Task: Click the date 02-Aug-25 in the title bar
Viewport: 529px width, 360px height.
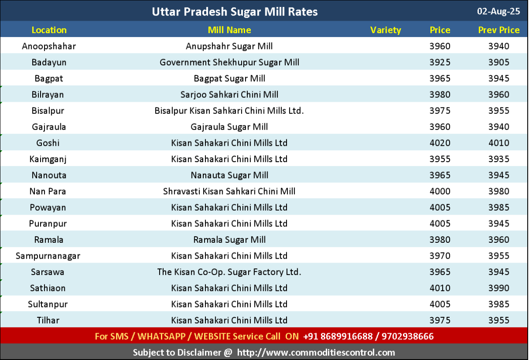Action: coord(499,11)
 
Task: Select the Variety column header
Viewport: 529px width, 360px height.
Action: coord(386,30)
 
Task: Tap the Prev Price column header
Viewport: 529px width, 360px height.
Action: coord(499,30)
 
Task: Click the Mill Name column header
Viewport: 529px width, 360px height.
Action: coord(229,30)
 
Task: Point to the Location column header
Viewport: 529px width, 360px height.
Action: coord(49,30)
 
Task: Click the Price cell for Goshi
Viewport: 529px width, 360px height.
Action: coord(440,143)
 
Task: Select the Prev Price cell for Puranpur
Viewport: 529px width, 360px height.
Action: coord(499,223)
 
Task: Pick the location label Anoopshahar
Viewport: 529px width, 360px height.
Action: coord(49,46)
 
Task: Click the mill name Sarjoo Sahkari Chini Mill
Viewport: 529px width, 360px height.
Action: coord(229,94)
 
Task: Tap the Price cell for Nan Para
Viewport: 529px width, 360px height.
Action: coord(440,191)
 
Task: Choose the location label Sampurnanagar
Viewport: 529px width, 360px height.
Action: coord(48,256)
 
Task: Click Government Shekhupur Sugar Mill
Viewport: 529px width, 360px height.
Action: coord(229,62)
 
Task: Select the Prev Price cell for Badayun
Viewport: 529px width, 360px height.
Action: coord(499,62)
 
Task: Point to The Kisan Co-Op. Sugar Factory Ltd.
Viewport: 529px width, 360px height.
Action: coord(229,272)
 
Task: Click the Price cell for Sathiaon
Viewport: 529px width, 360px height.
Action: coord(440,288)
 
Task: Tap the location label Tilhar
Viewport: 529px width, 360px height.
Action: coord(48,320)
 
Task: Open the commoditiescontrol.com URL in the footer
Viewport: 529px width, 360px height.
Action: coord(316,352)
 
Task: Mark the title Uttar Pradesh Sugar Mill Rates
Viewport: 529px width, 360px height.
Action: coord(235,11)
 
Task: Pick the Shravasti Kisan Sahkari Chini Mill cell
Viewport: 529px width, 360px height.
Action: coord(229,191)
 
